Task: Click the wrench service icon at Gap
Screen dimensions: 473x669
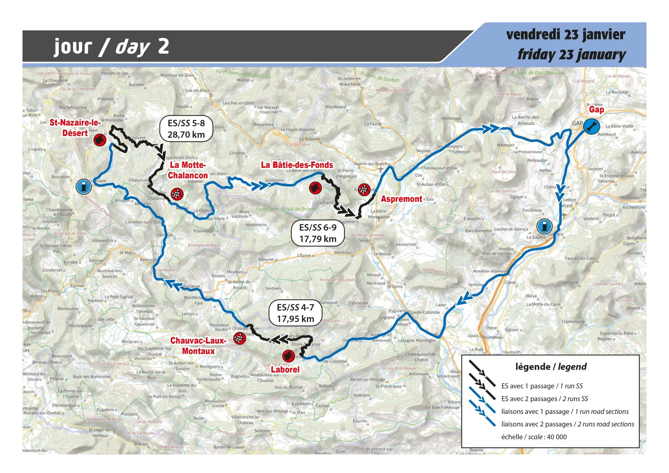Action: pyautogui.click(x=591, y=126)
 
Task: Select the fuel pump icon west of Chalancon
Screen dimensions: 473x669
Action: pyautogui.click(x=84, y=187)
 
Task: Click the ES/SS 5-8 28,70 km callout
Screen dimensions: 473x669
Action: pyautogui.click(x=186, y=129)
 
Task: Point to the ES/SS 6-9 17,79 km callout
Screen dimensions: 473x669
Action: pyautogui.click(x=318, y=233)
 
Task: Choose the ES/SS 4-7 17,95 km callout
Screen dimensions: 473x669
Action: pyautogui.click(x=296, y=313)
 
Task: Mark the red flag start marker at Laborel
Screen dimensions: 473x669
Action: pyautogui.click(x=289, y=356)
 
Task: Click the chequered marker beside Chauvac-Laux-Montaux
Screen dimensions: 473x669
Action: pyautogui.click(x=240, y=338)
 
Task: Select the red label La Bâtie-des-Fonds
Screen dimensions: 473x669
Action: pyautogui.click(x=297, y=165)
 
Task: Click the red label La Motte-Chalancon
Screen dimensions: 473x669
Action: pyautogui.click(x=188, y=170)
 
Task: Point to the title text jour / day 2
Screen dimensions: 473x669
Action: pyautogui.click(x=112, y=47)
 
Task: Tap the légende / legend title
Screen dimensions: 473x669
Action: pyautogui.click(x=551, y=367)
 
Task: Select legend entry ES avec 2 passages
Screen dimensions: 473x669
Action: pyautogui.click(x=544, y=399)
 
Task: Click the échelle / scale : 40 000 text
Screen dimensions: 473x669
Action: pyautogui.click(x=534, y=437)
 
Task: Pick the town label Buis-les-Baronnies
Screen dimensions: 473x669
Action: pyautogui.click(x=92, y=377)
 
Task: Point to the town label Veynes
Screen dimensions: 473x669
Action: pyautogui.click(x=423, y=151)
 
